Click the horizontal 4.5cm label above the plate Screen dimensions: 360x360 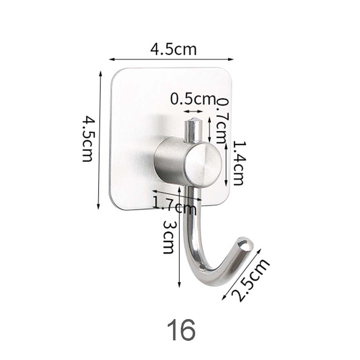coord(173,49)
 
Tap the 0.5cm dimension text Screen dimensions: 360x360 coord(192,99)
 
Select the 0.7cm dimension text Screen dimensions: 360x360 coord(222,121)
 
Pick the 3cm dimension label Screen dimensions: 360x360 coord(169,236)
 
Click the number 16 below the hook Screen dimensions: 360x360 coord(181,331)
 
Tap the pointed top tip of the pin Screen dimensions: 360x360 coord(193,120)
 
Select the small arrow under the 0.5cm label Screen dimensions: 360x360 coord(193,111)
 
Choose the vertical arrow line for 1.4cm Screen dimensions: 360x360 coord(226,164)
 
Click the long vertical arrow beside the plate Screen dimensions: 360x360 coord(99,139)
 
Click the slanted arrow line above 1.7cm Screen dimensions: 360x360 coord(177,195)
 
